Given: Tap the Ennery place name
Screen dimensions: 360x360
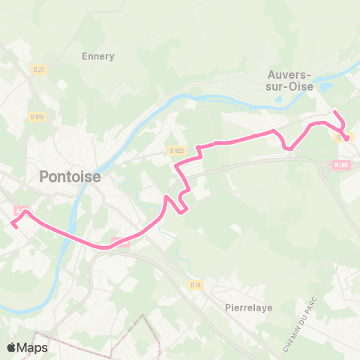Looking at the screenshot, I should click(97, 56).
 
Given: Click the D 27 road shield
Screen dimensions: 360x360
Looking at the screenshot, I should click(40, 70).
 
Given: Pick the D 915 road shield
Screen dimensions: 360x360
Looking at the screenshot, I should click(37, 116).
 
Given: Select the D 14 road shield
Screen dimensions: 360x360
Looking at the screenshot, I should click(196, 285).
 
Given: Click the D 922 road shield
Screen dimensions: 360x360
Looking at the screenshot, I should click(177, 150).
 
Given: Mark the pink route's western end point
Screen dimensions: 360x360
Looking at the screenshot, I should click(13, 224).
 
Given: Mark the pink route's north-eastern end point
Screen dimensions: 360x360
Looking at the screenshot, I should click(334, 112).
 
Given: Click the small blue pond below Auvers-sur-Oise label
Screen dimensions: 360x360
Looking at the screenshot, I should click(279, 97).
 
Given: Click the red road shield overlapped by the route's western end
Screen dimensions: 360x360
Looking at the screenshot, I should click(21, 210).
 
